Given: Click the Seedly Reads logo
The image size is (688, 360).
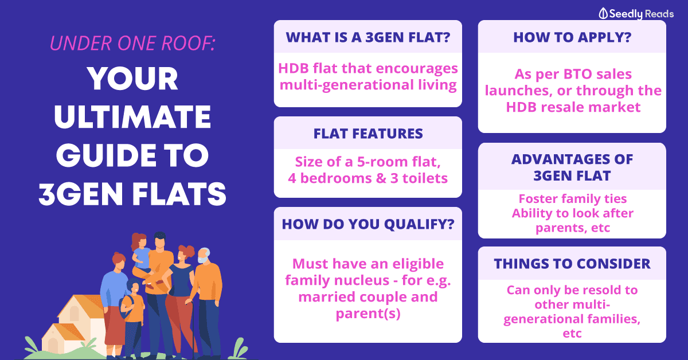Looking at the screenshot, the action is click(636, 14).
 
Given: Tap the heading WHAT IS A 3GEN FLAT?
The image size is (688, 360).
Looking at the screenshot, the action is click(368, 37).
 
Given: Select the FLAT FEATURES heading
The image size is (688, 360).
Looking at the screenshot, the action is click(368, 134).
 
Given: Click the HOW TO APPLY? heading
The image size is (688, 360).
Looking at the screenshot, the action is click(572, 37).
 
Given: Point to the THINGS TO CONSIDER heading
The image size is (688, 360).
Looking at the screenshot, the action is click(572, 264).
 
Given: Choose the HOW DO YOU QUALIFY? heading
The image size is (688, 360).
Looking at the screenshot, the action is click(368, 224).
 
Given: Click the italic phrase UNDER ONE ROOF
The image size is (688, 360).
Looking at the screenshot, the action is click(132, 43).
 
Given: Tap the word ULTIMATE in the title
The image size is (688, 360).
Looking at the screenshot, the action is click(132, 117).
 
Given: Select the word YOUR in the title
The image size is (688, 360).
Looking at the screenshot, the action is click(132, 79).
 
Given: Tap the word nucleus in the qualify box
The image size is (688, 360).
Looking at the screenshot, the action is click(371, 280).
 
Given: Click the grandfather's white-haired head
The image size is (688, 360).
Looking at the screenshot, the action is click(204, 255).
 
